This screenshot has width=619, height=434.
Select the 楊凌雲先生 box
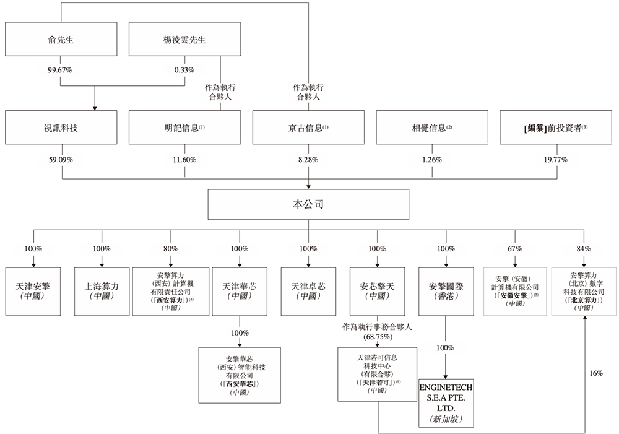coord(184,40)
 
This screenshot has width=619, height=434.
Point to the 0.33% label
coord(184,70)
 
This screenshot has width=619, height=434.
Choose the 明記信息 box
coord(184,128)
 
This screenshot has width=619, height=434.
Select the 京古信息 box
coord(308,128)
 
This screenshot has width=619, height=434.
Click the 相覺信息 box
coord(432,128)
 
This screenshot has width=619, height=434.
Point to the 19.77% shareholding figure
coord(556,160)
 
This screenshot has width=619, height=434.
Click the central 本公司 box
coord(308,204)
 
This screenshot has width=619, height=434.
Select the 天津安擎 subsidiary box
coord(33,290)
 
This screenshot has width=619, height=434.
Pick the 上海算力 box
coord(102,290)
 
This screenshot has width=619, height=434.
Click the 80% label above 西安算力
coord(171,249)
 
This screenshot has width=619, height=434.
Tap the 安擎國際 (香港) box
coord(446,290)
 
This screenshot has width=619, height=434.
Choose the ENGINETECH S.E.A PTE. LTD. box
coord(446,402)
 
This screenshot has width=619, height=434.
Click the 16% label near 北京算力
coord(595,374)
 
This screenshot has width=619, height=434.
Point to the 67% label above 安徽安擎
coord(514,249)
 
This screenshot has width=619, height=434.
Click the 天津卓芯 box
coord(308,290)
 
